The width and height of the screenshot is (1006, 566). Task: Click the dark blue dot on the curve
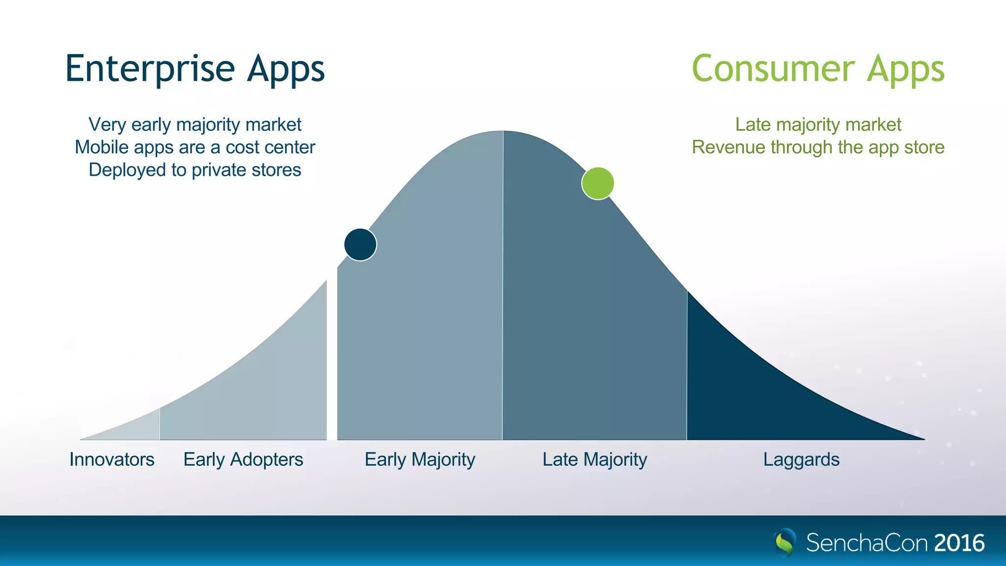(360, 244)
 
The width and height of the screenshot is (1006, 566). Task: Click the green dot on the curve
(597, 183)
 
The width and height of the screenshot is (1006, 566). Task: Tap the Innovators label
(112, 459)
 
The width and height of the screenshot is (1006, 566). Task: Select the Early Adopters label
(243, 459)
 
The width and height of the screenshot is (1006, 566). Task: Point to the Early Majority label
(420, 459)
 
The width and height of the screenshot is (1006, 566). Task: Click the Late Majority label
(594, 459)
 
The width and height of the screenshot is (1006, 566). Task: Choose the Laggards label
(801, 459)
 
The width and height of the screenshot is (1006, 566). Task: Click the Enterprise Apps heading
(195, 69)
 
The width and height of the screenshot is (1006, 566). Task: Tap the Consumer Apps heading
(818, 69)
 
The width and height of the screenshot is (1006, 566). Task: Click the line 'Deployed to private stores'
(195, 170)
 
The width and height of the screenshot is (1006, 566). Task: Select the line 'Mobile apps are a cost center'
(195, 147)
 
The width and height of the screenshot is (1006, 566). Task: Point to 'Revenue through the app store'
(818, 147)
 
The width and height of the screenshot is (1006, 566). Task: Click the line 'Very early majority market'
(195, 125)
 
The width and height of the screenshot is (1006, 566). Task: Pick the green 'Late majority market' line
(818, 125)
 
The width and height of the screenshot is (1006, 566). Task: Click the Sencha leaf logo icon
(785, 542)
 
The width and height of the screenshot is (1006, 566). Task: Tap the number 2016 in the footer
(959, 543)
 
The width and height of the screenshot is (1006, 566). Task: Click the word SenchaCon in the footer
(866, 543)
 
